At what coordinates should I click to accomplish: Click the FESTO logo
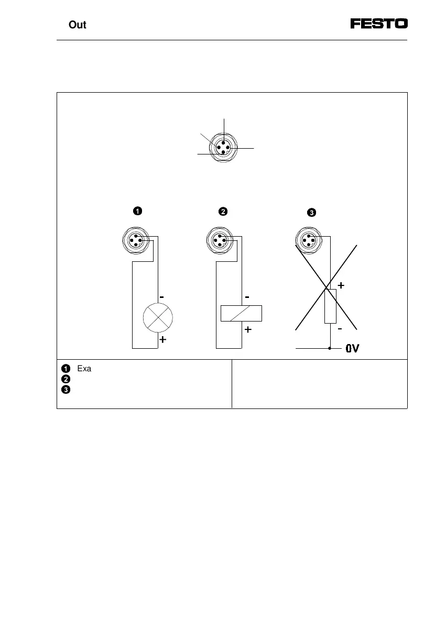(x=379, y=24)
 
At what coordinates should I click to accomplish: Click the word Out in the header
(x=78, y=25)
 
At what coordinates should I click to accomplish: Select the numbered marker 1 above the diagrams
(x=136, y=212)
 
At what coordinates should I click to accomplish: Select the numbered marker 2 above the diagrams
(x=223, y=212)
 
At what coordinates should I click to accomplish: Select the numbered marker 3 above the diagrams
(x=311, y=213)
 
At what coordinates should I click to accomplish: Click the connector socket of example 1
(x=136, y=240)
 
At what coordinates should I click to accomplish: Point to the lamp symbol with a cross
(x=158, y=317)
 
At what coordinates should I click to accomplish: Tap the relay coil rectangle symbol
(x=241, y=313)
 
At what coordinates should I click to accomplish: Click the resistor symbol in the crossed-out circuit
(x=330, y=306)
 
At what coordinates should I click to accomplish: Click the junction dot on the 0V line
(x=330, y=348)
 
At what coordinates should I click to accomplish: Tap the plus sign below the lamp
(x=163, y=339)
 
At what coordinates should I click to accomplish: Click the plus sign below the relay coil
(x=248, y=330)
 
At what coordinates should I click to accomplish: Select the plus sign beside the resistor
(x=341, y=286)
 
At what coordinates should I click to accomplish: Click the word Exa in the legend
(x=84, y=369)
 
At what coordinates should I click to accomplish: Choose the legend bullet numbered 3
(x=66, y=390)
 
